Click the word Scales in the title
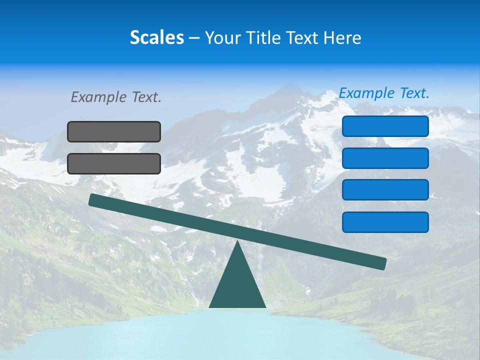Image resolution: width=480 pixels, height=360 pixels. click(156, 38)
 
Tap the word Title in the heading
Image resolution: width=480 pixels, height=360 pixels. click(259, 38)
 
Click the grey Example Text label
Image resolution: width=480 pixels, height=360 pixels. click(116, 97)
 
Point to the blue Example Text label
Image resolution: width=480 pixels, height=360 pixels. click(384, 93)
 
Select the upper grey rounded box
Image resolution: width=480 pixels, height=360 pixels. click(114, 131)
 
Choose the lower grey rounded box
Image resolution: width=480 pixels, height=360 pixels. click(114, 163)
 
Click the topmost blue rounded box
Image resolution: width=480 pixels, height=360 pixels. click(385, 126)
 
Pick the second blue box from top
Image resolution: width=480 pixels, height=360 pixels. click(385, 158)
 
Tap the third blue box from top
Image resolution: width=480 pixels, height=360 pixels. click(385, 190)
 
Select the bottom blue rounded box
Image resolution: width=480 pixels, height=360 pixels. click(385, 222)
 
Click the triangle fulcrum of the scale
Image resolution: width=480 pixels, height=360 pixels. click(237, 285)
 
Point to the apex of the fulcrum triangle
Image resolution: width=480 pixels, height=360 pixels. click(237, 241)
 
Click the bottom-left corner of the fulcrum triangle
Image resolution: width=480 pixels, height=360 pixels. click(210, 306)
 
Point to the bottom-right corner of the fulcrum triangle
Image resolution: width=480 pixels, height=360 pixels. click(265, 306)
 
